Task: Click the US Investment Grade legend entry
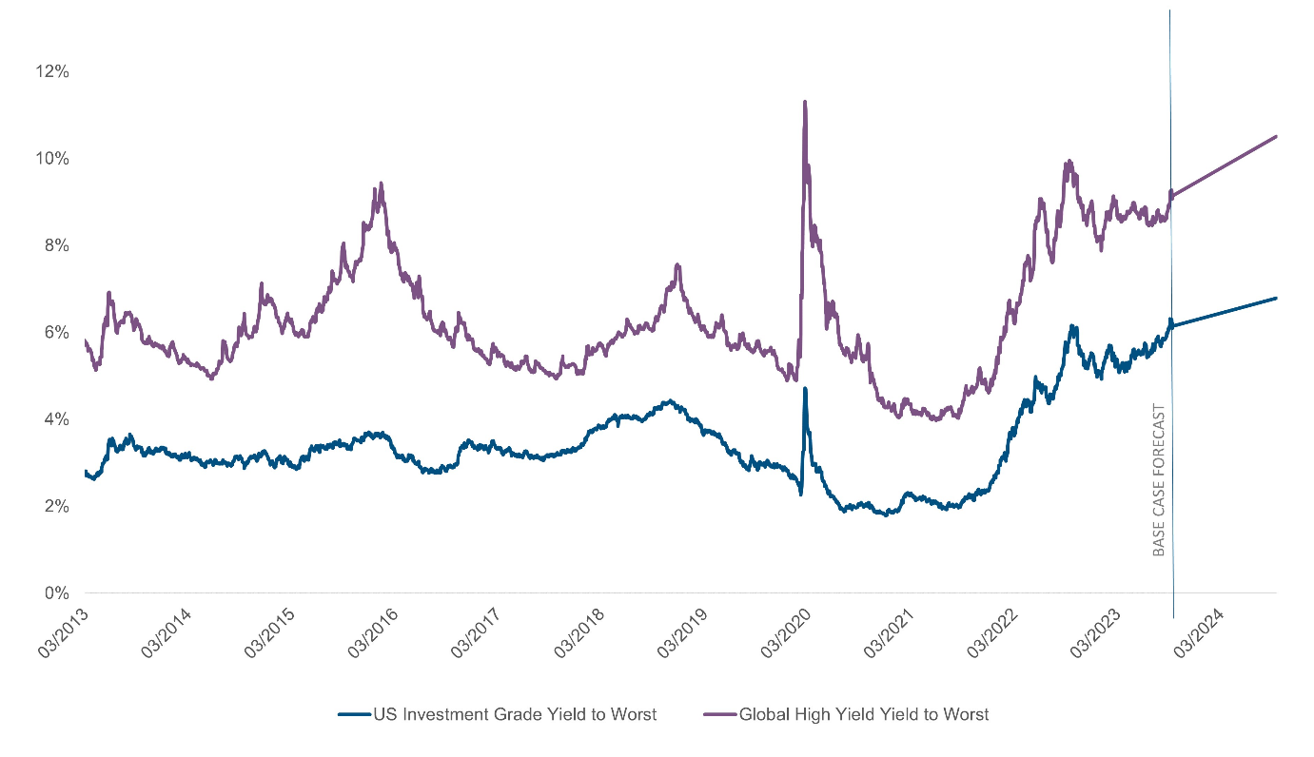(x=497, y=714)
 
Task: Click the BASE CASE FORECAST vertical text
(x=1159, y=480)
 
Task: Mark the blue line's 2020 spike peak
(x=805, y=388)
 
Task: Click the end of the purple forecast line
(x=1276, y=136)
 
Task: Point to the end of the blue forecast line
(x=1276, y=298)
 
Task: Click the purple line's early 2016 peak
(x=381, y=184)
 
